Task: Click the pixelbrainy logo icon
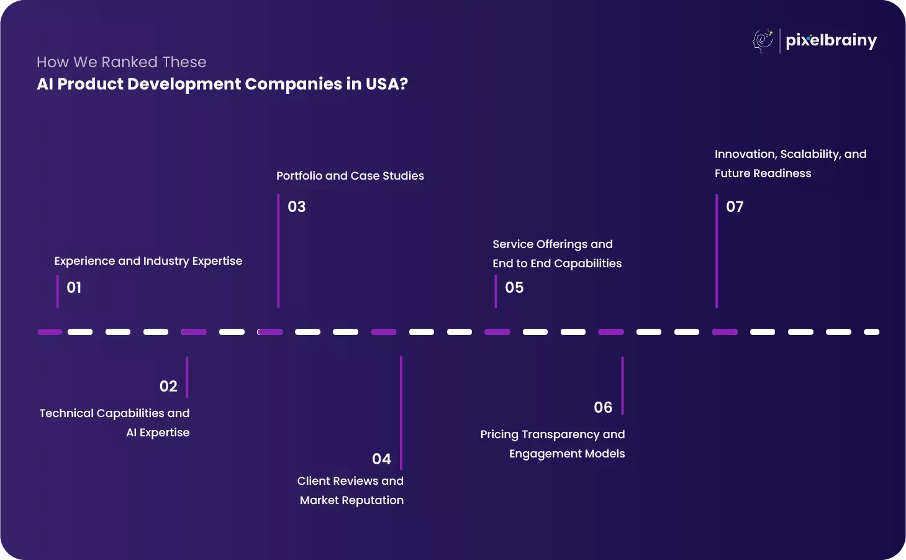pyautogui.click(x=763, y=41)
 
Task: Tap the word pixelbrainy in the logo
pyautogui.click(x=831, y=41)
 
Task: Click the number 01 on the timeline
pyautogui.click(x=74, y=288)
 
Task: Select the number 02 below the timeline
pyautogui.click(x=168, y=387)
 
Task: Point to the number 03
pyautogui.click(x=297, y=207)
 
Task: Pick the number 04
pyautogui.click(x=381, y=459)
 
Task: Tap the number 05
pyautogui.click(x=514, y=288)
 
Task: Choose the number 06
pyautogui.click(x=603, y=408)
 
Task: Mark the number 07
pyautogui.click(x=735, y=207)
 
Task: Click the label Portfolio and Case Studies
pyautogui.click(x=350, y=176)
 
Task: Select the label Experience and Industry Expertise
pyautogui.click(x=148, y=261)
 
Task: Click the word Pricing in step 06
pyautogui.click(x=499, y=434)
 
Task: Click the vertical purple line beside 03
pyautogui.click(x=278, y=251)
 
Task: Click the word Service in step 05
pyautogui.click(x=513, y=244)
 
